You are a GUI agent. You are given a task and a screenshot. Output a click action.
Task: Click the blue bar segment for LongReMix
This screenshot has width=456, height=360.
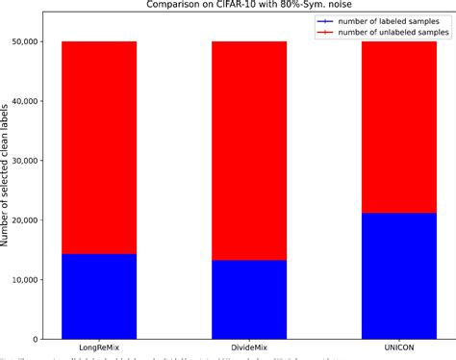99,296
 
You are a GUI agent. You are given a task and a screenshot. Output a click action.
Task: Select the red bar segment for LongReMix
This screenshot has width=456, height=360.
99,147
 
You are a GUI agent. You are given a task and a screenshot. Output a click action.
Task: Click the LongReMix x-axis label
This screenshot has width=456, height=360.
99,347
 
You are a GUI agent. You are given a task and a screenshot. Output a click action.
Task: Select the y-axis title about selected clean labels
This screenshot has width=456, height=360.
8,191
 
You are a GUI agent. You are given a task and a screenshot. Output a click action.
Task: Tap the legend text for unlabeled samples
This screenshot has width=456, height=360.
383,32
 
